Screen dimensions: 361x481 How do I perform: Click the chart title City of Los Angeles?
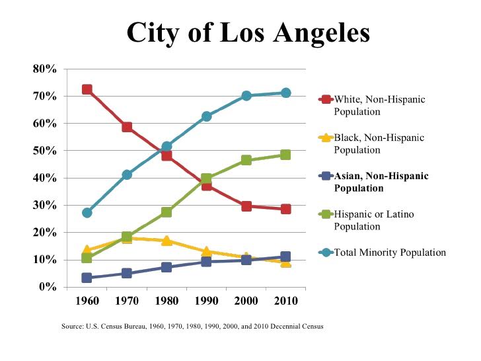pos(248,32)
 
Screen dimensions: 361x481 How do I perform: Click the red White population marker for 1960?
pos(87,89)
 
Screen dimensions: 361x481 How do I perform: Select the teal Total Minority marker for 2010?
pos(285,93)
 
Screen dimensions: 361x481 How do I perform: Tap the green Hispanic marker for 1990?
pos(206,179)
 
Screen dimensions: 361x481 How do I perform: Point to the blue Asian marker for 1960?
pos(87,278)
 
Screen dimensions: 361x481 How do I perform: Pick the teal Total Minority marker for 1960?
pos(87,213)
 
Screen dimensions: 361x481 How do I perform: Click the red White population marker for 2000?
pos(246,206)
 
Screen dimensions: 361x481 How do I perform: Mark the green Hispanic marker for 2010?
pos(285,155)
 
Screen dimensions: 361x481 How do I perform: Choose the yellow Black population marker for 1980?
pos(166,241)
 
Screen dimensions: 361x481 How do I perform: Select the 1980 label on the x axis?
pos(166,301)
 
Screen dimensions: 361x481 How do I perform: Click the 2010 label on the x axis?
pos(285,301)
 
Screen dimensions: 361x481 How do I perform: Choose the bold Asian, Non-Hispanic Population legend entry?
pos(381,182)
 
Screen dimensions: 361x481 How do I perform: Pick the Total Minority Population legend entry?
pos(390,253)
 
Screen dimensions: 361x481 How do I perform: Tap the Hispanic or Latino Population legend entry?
pos(377,220)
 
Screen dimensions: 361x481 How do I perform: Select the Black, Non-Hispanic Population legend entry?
pos(379,144)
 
